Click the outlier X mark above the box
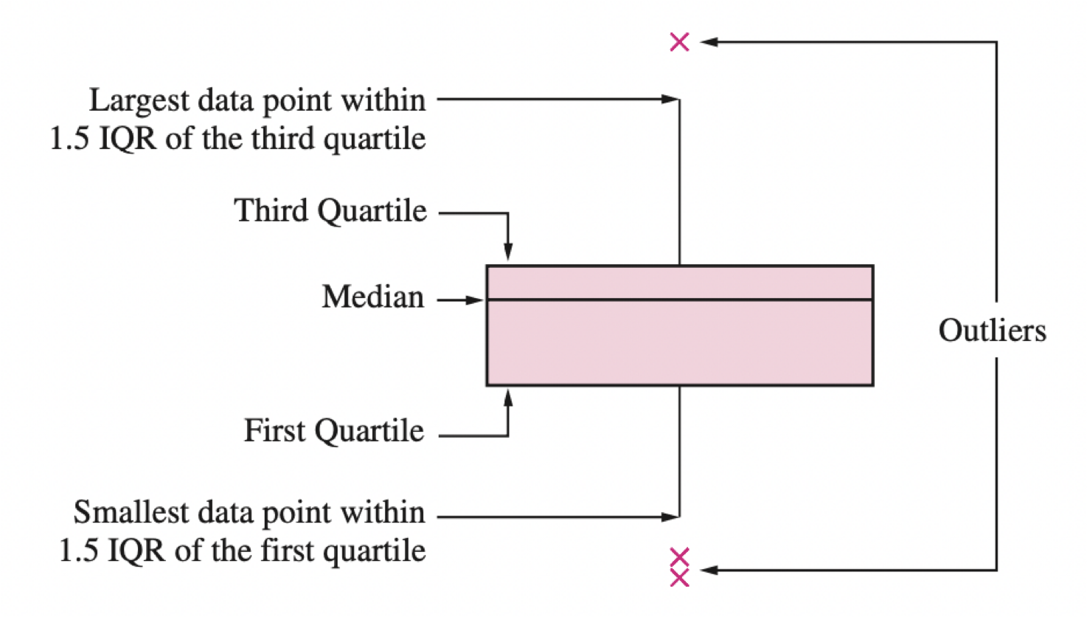pyautogui.click(x=679, y=42)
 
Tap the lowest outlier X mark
pyautogui.click(x=679, y=577)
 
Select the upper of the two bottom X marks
pyautogui.click(x=679, y=556)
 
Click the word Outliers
pyautogui.click(x=992, y=331)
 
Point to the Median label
pyautogui.click(x=373, y=297)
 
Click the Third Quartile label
pyautogui.click(x=330, y=211)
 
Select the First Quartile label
pyautogui.click(x=334, y=431)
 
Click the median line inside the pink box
pyautogui.click(x=679, y=300)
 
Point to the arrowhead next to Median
pyautogui.click(x=476, y=300)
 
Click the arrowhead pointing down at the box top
pyautogui.click(x=507, y=252)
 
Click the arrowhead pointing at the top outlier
pyautogui.click(x=708, y=42)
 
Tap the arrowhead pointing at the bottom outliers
pyautogui.click(x=708, y=570)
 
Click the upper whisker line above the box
pyautogui.click(x=679, y=185)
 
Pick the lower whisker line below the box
pyautogui.click(x=679, y=450)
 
